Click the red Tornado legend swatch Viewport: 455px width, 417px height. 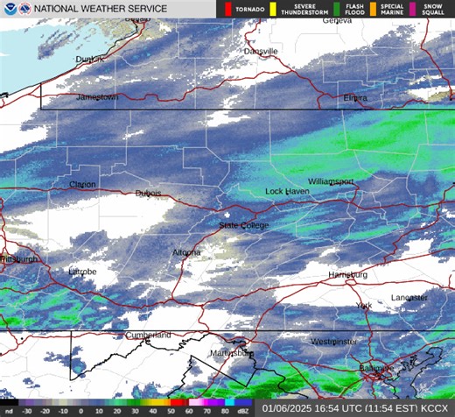228,10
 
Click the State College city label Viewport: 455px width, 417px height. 244,226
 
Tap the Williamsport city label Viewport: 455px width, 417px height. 331,181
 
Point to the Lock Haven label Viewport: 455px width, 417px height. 288,191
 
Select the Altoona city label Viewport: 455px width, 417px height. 186,253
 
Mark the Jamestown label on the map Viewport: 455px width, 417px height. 96,97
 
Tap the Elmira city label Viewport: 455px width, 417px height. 355,97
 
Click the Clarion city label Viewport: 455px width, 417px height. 82,185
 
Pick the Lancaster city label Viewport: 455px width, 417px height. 409,298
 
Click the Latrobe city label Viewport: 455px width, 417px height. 82,272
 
